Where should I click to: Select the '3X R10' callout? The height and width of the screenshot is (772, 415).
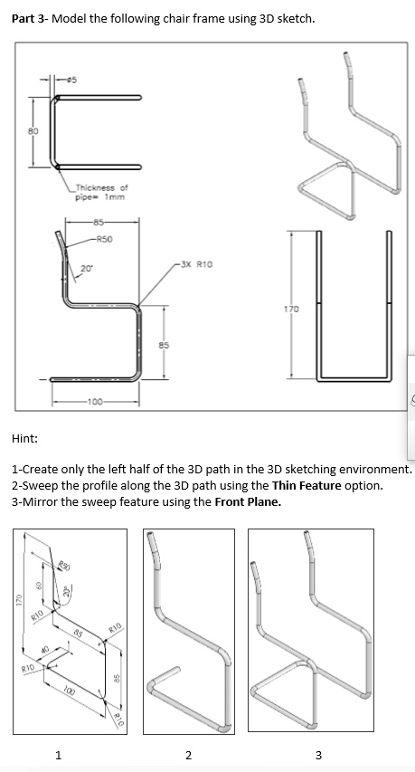[x=196, y=266]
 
